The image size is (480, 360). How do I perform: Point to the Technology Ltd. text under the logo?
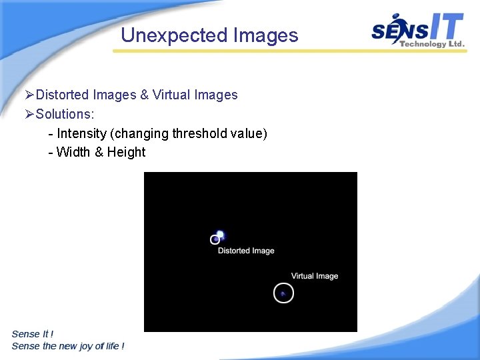431,44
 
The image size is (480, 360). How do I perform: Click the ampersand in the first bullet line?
144,95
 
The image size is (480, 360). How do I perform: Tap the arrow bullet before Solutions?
29,114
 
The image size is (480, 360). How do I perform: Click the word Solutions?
65,114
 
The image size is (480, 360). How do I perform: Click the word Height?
126,152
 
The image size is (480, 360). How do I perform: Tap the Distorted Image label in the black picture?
246,251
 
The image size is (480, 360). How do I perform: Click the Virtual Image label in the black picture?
315,276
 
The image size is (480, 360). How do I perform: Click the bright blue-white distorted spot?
220,235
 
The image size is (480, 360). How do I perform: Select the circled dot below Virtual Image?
283,293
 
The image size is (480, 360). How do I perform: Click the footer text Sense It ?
33,334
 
